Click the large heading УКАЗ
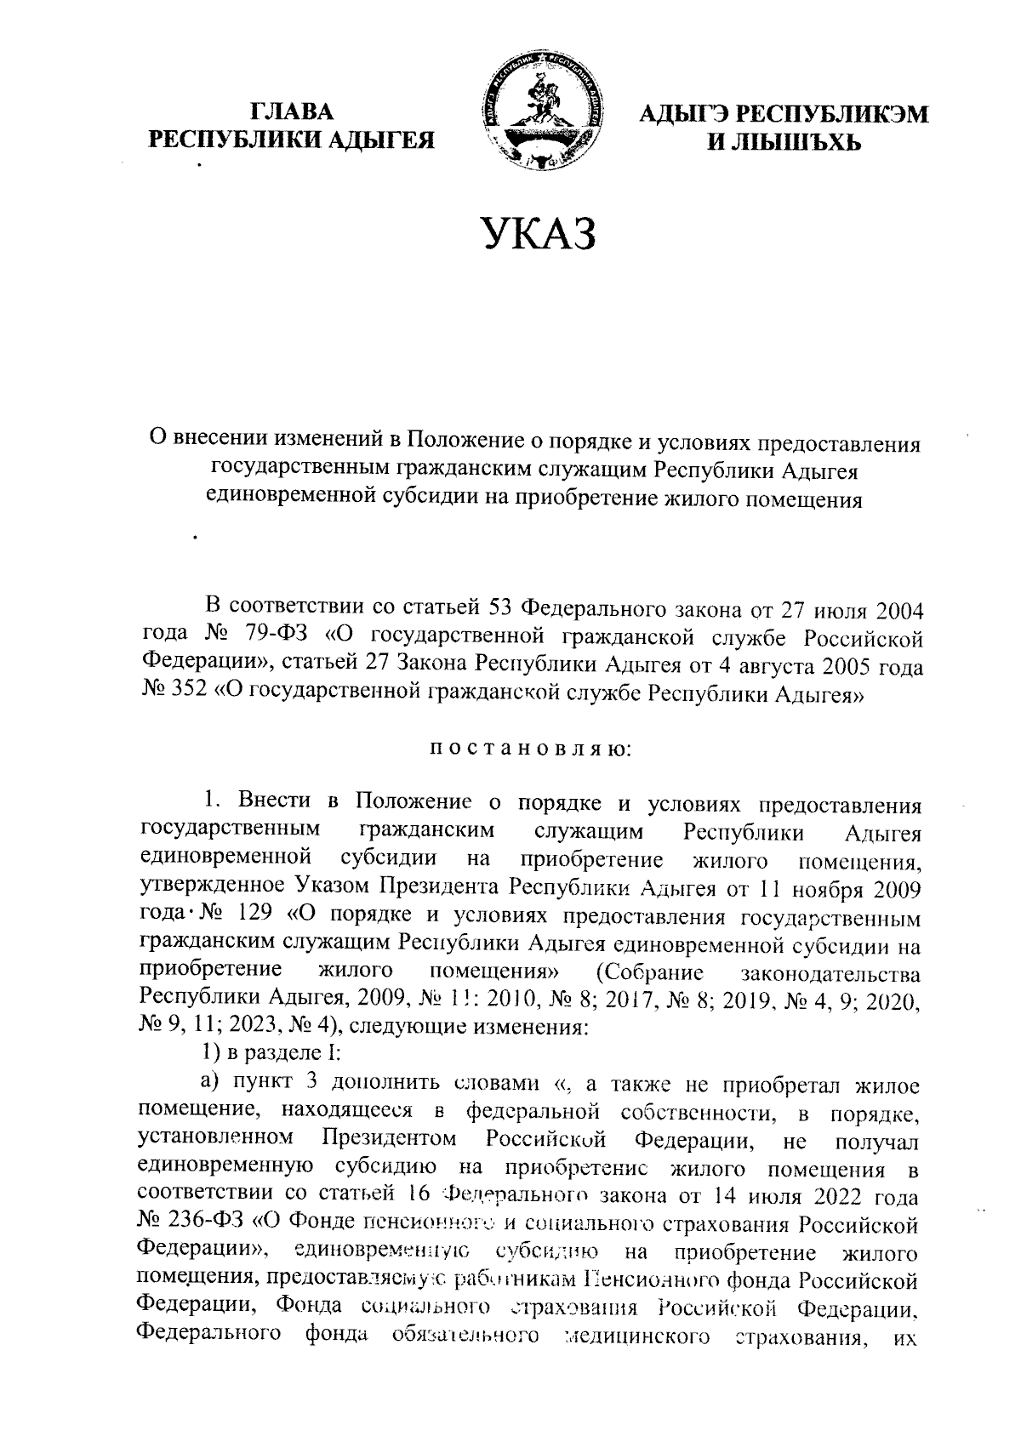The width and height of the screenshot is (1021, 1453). pyautogui.click(x=536, y=233)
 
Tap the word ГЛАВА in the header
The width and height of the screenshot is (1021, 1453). pyautogui.click(x=292, y=111)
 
